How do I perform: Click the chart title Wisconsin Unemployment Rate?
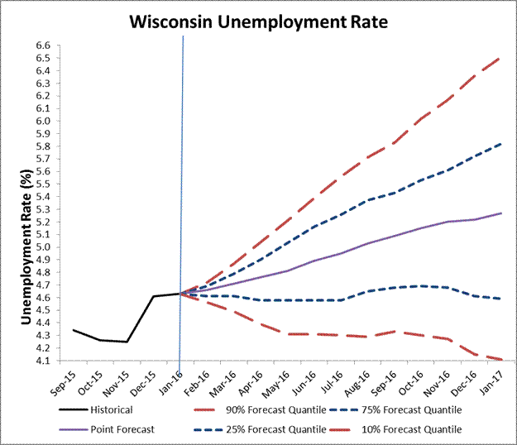257,20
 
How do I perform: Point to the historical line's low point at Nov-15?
127,342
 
